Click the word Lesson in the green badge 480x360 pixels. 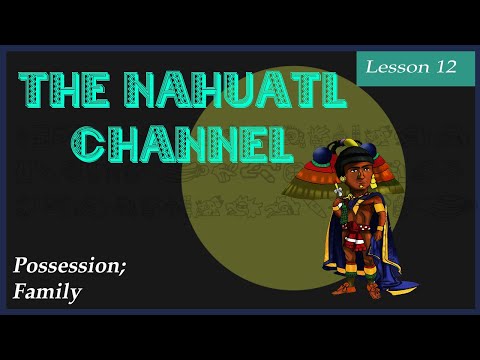[x=393, y=67]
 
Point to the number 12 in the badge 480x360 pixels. [x=443, y=67]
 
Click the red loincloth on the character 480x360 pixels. [x=356, y=245]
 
